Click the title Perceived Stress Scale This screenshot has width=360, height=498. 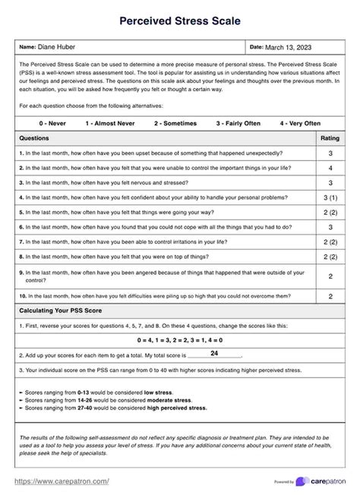pyautogui.click(x=180, y=23)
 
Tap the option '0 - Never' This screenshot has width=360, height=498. pyautogui.click(x=55, y=123)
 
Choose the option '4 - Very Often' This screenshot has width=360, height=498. pyautogui.click(x=300, y=123)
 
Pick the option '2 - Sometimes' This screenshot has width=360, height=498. pyautogui.click(x=175, y=123)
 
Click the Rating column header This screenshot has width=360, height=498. pyautogui.click(x=330, y=138)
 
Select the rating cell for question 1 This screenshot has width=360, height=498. pyautogui.click(x=330, y=153)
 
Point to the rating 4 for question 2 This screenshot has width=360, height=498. pyautogui.click(x=330, y=168)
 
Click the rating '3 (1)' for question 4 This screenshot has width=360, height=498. pyautogui.click(x=330, y=197)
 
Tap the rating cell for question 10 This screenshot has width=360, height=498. pyautogui.click(x=330, y=296)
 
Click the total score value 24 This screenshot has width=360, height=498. pyautogui.click(x=214, y=354)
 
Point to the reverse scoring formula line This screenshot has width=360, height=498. pyautogui.click(x=180, y=339)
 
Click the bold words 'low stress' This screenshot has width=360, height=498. pyautogui.click(x=160, y=391)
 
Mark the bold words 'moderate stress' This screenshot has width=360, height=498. pyautogui.click(x=168, y=399)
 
